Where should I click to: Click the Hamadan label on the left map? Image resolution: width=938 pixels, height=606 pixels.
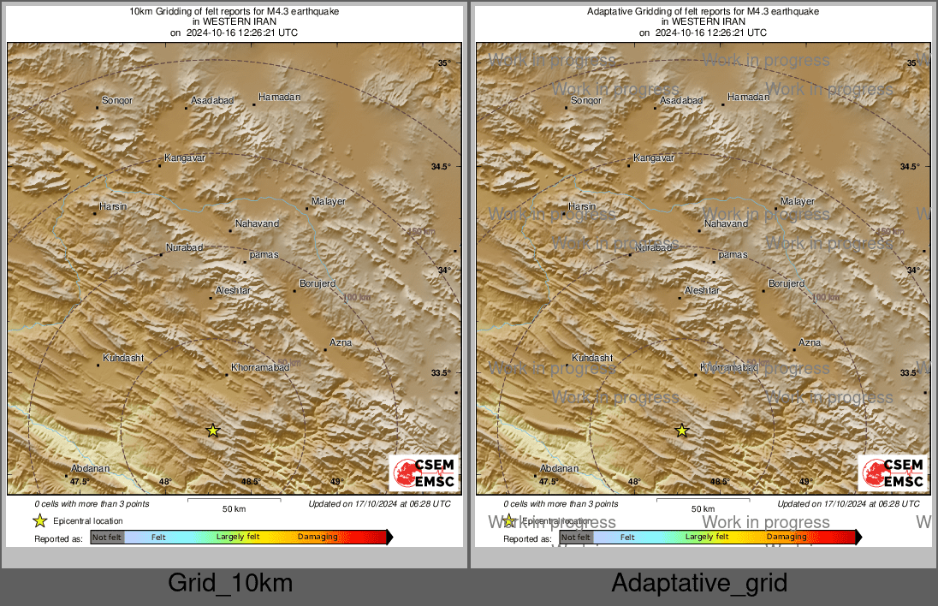pos(279,98)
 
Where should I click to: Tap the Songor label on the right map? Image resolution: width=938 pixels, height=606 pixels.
pos(586,101)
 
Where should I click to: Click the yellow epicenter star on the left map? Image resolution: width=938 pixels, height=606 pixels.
pos(213,431)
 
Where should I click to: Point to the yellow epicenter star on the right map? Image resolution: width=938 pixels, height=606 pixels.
pos(682,431)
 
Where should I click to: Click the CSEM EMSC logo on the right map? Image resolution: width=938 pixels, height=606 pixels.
pos(893,473)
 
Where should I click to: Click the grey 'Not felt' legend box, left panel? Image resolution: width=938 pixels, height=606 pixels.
pos(107,538)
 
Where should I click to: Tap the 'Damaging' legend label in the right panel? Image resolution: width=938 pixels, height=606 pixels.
pos(787,538)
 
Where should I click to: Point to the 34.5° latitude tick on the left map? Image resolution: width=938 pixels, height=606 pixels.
pos(441,166)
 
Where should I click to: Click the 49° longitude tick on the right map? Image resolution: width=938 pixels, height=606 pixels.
pos(805,482)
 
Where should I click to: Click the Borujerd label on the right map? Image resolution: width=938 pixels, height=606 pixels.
pos(787,283)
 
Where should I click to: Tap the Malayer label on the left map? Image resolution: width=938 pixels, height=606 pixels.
pos(329,201)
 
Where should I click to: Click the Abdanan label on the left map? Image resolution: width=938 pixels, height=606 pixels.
pos(91,469)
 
